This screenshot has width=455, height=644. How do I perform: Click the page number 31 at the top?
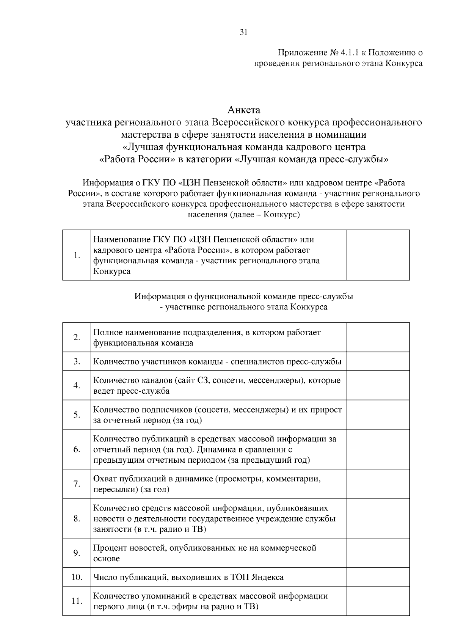pyautogui.click(x=243, y=33)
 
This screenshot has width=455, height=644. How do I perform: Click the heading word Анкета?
pyautogui.click(x=244, y=110)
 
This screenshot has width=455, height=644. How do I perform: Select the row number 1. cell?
pyautogui.click(x=77, y=255)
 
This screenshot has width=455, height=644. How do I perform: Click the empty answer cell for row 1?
pyautogui.click(x=378, y=255)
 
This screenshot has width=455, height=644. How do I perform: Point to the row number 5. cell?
pyautogui.click(x=77, y=415)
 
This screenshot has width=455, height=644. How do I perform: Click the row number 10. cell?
pyautogui.click(x=77, y=577)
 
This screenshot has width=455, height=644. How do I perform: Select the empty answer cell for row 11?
pyautogui.click(x=378, y=601)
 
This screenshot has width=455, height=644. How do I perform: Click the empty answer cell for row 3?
pyautogui.click(x=378, y=361)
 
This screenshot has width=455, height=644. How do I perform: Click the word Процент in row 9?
pyautogui.click(x=110, y=548)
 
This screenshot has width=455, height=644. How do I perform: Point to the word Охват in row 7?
pyautogui.click(x=105, y=479)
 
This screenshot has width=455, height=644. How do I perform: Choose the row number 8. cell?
pyautogui.click(x=77, y=518)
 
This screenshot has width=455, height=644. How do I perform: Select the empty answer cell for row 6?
pyautogui.click(x=378, y=449)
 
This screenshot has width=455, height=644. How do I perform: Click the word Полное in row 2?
pyautogui.click(x=107, y=333)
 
